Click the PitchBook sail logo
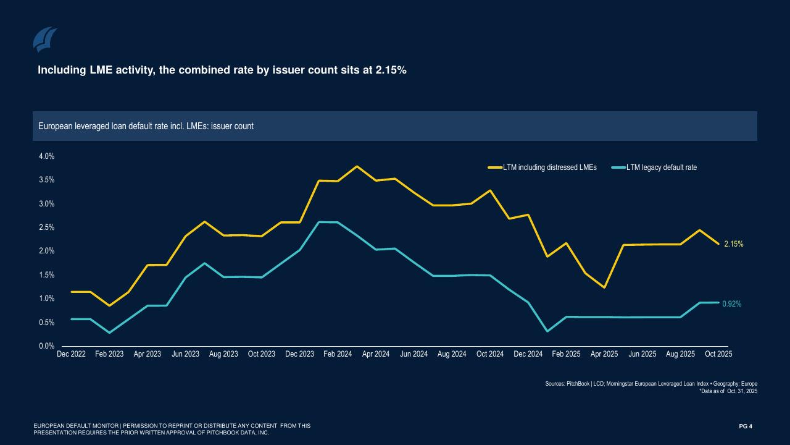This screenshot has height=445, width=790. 44,40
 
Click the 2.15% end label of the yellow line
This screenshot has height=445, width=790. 734,244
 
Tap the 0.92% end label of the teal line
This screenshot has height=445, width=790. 732,304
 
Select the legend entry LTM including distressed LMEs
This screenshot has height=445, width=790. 549,167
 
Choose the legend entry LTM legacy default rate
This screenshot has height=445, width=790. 661,167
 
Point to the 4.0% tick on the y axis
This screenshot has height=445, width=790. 47,156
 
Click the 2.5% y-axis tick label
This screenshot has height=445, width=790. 47,227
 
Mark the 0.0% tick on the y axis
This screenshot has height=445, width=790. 47,346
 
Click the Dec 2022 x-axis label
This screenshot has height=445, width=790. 71,354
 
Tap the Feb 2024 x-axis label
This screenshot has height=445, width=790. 338,354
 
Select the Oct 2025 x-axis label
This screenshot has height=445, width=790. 718,354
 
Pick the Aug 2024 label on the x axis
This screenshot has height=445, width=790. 452,354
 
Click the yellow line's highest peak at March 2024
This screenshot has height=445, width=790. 357,166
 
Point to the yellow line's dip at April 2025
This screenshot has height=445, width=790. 604,287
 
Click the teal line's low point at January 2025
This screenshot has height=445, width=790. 547,331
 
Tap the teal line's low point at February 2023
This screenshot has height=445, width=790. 109,333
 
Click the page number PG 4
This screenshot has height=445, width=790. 746,426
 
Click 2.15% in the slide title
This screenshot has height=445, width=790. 391,70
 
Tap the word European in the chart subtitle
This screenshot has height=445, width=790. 55,126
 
